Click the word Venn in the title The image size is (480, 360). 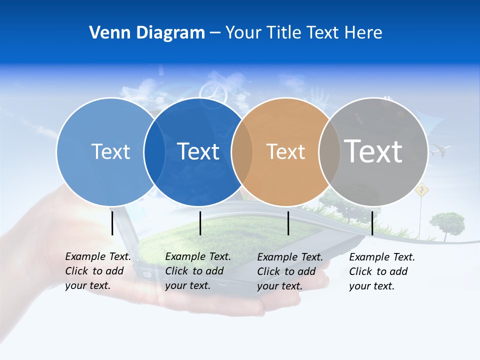(106, 32)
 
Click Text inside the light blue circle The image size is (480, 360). (110, 151)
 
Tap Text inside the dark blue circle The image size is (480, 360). (198, 151)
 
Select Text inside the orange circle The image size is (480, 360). (285, 151)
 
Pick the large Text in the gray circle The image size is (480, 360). (373, 151)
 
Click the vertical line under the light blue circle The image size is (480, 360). (112, 223)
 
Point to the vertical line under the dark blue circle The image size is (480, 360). (200, 223)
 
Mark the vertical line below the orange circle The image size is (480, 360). (288, 223)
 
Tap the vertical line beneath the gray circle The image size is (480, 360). (372, 223)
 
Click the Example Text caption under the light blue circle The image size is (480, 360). (98, 271)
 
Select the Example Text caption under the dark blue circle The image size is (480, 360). (198, 271)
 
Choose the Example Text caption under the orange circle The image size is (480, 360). (290, 271)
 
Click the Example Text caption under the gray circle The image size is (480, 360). (382, 271)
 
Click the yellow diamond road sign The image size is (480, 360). (422, 190)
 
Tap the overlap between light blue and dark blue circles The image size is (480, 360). (154, 151)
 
